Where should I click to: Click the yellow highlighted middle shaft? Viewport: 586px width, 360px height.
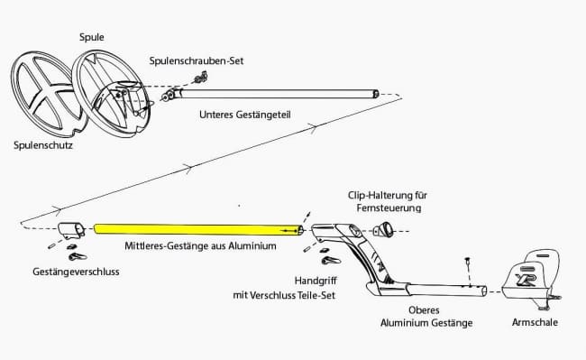pyautogui.click(x=198, y=229)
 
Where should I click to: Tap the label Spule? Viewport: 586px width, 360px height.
pyautogui.click(x=92, y=37)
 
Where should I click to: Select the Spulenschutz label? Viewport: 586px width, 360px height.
pyautogui.click(x=43, y=145)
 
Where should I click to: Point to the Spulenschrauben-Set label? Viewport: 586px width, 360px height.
pyautogui.click(x=197, y=60)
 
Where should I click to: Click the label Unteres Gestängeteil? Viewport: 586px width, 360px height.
pyautogui.click(x=245, y=115)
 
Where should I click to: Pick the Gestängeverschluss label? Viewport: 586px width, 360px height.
pyautogui.click(x=76, y=272)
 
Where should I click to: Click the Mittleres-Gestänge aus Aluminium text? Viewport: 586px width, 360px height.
pyautogui.click(x=200, y=246)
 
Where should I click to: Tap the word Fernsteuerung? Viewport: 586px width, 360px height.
pyautogui.click(x=389, y=208)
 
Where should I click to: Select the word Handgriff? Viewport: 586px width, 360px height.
pyautogui.click(x=316, y=281)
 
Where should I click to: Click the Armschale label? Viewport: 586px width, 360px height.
pyautogui.click(x=535, y=322)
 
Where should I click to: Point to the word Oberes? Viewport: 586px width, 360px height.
pyautogui.click(x=424, y=309)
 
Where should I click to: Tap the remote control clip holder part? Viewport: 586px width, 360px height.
pyautogui.click(x=383, y=229)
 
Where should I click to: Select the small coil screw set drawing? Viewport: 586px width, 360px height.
pyautogui.click(x=201, y=78)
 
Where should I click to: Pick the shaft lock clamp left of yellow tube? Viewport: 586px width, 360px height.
pyautogui.click(x=71, y=231)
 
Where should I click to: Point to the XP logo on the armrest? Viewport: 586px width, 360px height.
pyautogui.click(x=526, y=279)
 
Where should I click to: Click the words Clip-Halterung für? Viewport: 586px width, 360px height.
pyautogui.click(x=387, y=195)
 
